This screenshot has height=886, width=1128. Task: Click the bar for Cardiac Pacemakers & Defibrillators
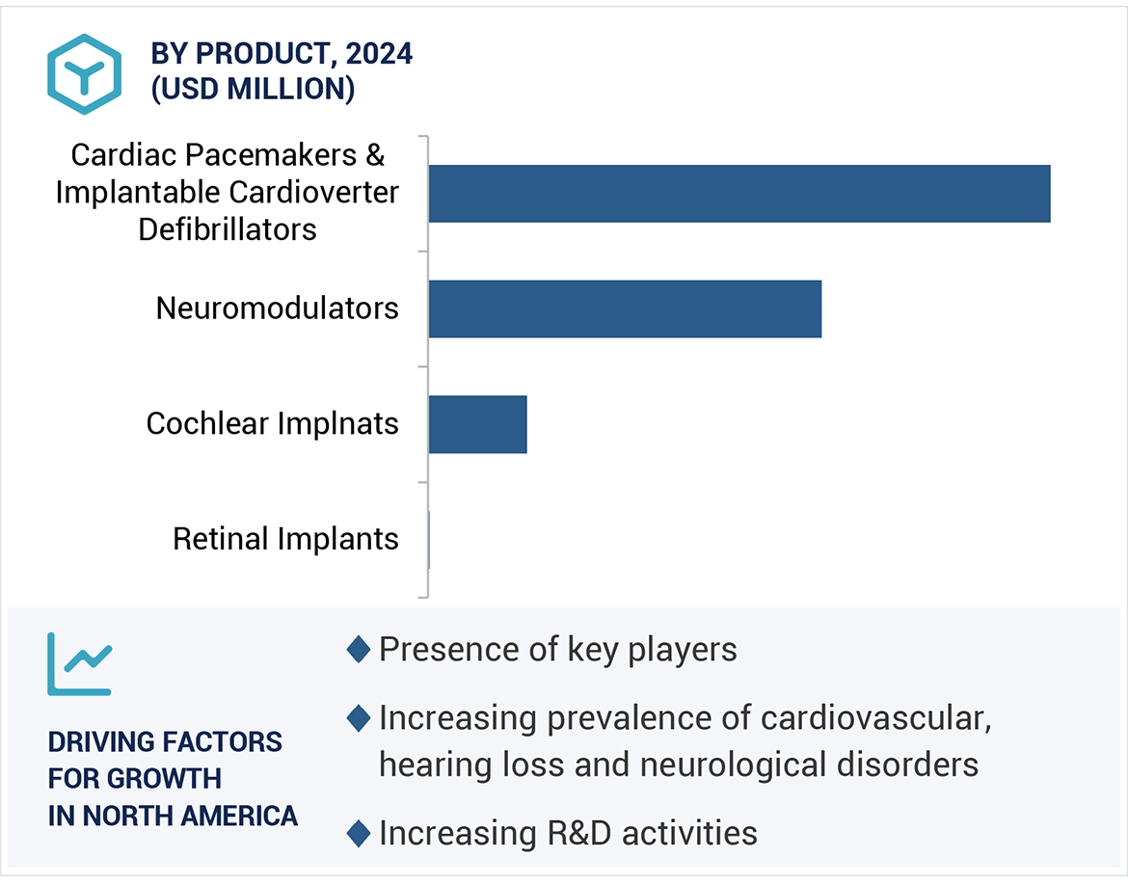point(739,194)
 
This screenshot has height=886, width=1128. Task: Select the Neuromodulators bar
point(625,309)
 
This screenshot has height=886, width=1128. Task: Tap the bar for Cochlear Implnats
point(477,424)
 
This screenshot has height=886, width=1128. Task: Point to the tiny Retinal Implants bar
point(429,540)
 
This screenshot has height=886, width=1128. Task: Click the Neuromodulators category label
point(278,309)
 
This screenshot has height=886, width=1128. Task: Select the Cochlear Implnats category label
point(272,423)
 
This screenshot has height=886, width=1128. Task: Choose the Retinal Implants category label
point(285,539)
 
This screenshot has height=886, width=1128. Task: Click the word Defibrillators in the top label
point(228,229)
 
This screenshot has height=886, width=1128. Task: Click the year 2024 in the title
point(379,54)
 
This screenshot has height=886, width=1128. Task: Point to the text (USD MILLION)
point(253,89)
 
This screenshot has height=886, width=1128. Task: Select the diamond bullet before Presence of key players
point(359,650)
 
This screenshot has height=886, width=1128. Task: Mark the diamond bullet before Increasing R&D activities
point(359,833)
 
